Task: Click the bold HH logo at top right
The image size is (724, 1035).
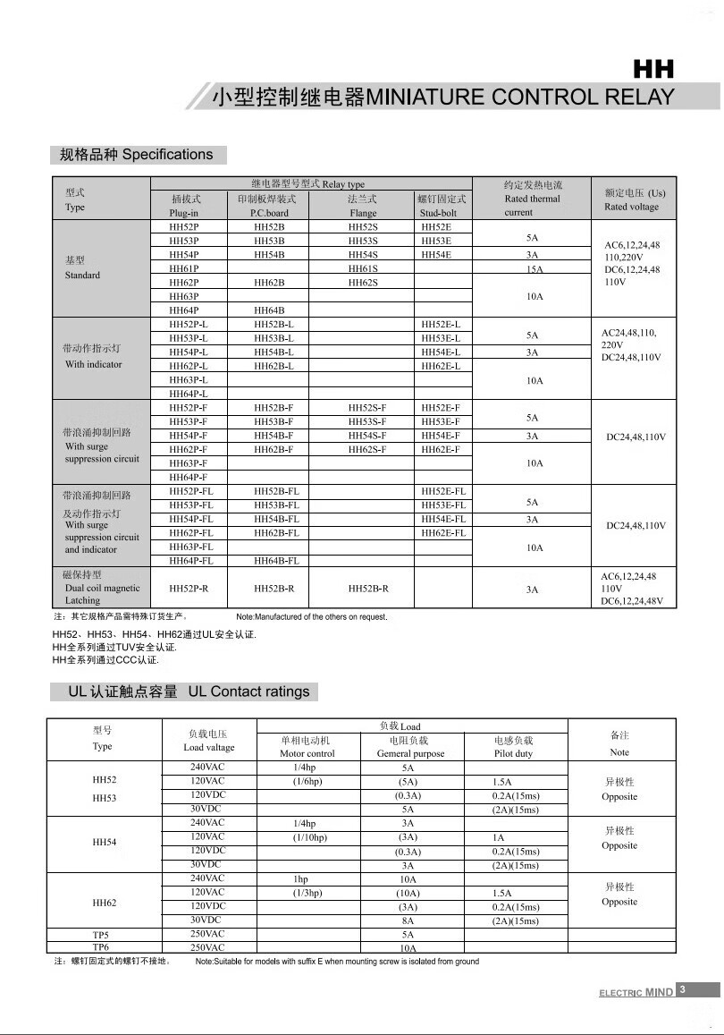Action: click(653, 69)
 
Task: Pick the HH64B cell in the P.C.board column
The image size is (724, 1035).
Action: click(268, 310)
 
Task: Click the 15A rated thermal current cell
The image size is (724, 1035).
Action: click(533, 268)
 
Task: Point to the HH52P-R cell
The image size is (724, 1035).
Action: click(189, 589)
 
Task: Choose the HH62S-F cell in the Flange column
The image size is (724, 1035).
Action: click(366, 449)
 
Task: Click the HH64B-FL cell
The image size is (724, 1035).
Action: click(276, 561)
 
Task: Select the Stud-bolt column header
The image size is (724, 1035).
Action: click(442, 206)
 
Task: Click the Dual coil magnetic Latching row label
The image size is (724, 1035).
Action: click(102, 588)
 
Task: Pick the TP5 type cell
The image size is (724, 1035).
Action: click(101, 934)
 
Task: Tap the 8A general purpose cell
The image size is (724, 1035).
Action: click(408, 920)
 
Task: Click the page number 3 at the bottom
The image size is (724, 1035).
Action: click(682, 989)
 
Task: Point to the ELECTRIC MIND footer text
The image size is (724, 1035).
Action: click(636, 992)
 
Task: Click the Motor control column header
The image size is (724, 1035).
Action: click(307, 747)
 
